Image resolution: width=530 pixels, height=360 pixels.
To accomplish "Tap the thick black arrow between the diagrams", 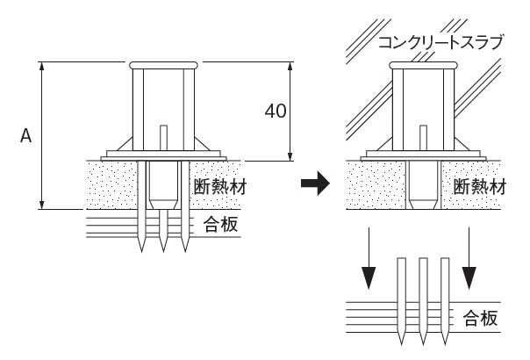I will (314, 184).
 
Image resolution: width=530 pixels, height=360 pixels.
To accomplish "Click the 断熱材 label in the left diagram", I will (216, 186).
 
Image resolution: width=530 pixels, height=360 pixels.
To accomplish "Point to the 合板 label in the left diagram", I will (219, 224).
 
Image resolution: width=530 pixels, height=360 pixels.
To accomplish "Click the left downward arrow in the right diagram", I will (369, 264).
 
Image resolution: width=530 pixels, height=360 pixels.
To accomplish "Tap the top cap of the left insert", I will (162, 65).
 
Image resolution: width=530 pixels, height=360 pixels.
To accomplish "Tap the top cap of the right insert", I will (425, 65).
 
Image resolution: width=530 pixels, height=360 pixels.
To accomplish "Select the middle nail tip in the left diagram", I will (163, 248).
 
